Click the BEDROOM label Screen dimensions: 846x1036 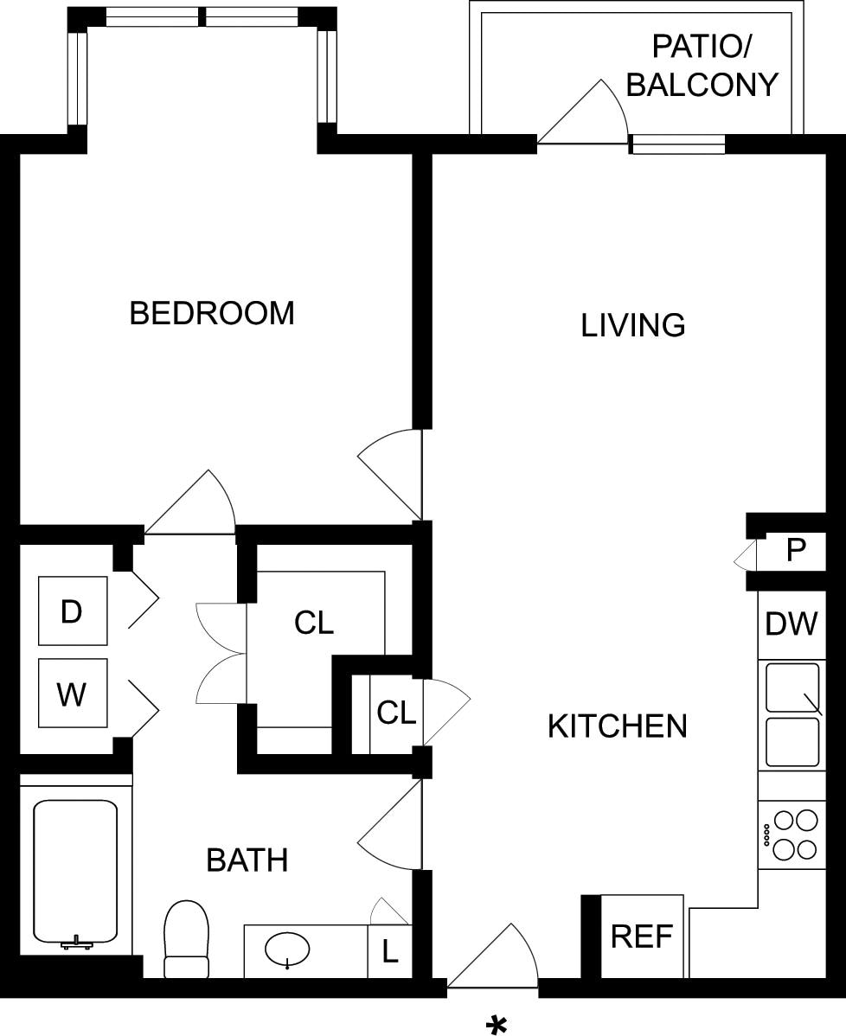click(212, 313)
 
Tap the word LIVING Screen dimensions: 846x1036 click(633, 326)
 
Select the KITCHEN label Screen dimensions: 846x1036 click(618, 726)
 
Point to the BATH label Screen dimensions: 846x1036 click(247, 860)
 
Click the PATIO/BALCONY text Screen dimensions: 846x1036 click(702, 66)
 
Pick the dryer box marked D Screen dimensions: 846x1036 click(73, 611)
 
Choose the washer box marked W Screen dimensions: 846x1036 click(73, 693)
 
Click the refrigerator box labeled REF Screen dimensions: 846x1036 click(642, 937)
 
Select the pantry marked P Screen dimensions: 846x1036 click(796, 549)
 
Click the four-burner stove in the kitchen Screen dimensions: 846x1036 click(792, 835)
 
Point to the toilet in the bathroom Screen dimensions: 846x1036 click(186, 939)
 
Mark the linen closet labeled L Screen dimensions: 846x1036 click(390, 951)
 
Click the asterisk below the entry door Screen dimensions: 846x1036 click(497, 1023)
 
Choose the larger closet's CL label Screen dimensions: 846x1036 click(314, 623)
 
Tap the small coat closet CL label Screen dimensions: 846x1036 click(396, 713)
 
